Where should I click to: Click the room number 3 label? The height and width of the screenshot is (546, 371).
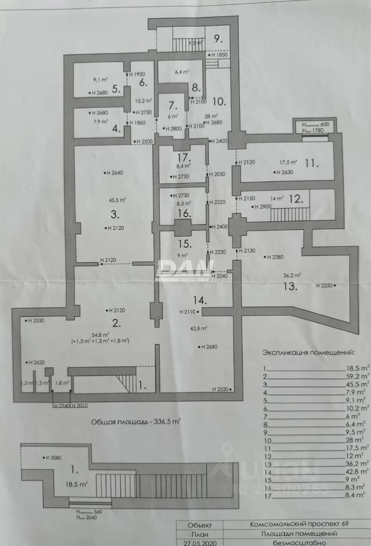tap(114, 215)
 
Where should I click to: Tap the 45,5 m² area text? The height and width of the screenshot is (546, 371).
tap(118, 200)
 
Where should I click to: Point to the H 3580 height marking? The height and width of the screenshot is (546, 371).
tap(53, 457)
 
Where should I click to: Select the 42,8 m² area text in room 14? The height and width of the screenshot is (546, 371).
tap(199, 328)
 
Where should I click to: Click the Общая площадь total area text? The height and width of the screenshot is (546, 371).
tap(136, 421)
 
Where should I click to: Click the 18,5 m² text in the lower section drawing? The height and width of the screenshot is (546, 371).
tap(76, 484)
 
